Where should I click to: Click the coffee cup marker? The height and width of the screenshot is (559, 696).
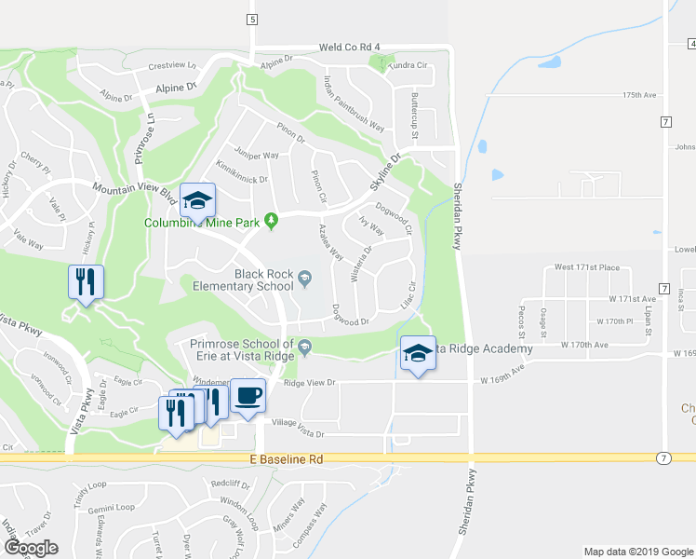[x=248, y=395]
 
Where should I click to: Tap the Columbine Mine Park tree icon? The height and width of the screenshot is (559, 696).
[x=271, y=221]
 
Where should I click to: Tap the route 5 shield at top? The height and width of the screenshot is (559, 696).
[x=251, y=19]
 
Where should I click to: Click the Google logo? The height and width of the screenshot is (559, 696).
[x=32, y=548]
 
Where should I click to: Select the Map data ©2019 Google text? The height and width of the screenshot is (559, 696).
[x=637, y=552]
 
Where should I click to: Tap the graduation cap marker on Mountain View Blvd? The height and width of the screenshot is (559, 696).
[x=196, y=199]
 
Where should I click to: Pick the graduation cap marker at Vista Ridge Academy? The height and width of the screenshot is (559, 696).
[x=418, y=353]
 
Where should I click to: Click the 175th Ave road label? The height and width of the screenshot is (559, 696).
[x=640, y=95]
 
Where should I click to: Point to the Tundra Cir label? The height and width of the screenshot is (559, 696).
[x=408, y=66]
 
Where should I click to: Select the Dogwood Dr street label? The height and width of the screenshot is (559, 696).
[x=351, y=321]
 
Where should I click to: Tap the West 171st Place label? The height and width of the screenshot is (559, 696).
[x=586, y=267]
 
